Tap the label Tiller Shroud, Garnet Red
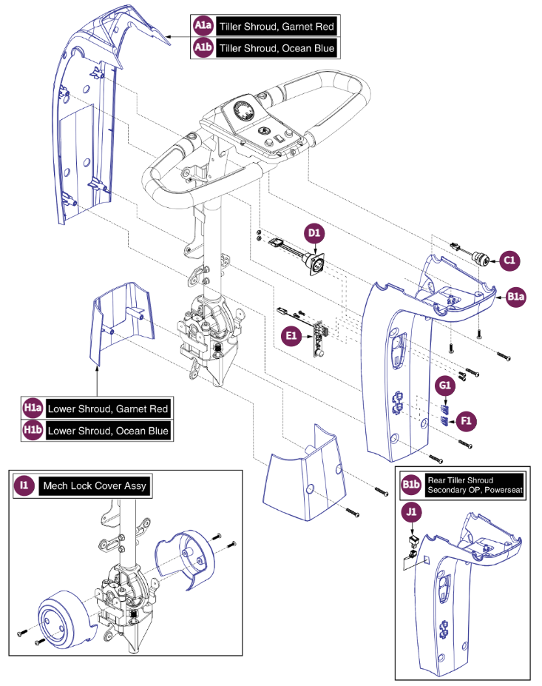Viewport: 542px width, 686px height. pyautogui.click(x=277, y=27)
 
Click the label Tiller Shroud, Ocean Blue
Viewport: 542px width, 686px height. pyautogui.click(x=277, y=48)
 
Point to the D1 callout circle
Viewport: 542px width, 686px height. pyautogui.click(x=314, y=234)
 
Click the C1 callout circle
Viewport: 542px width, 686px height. pyautogui.click(x=509, y=260)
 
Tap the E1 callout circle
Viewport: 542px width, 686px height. pyautogui.click(x=291, y=335)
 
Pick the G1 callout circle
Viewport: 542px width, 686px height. pyautogui.click(x=445, y=386)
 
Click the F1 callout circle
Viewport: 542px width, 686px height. pyautogui.click(x=467, y=420)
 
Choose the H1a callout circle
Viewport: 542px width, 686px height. pyautogui.click(x=33, y=408)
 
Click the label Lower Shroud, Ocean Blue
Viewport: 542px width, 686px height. pyautogui.click(x=108, y=430)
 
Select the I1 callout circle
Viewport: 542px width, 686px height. pyautogui.click(x=24, y=485)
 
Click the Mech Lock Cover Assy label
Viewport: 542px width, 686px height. pyautogui.click(x=95, y=485)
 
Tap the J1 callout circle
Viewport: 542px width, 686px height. pyautogui.click(x=411, y=511)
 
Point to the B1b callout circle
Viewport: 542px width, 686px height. pyautogui.click(x=410, y=484)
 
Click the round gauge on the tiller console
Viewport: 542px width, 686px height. pyautogui.click(x=243, y=113)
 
